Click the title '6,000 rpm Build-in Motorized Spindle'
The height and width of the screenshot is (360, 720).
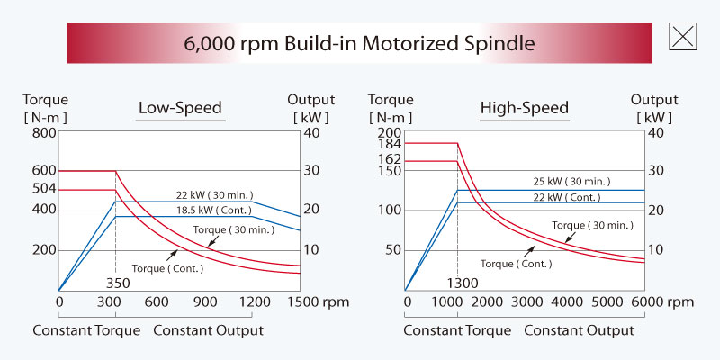click(x=359, y=42)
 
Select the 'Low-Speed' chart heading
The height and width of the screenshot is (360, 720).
click(x=180, y=110)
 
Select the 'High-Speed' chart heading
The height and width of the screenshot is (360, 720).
click(x=524, y=110)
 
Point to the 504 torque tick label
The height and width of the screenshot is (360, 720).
click(x=44, y=189)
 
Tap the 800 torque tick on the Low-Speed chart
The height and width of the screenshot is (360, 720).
click(x=44, y=132)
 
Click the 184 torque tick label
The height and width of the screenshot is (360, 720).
click(x=390, y=143)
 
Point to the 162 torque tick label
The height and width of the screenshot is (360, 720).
click(x=390, y=160)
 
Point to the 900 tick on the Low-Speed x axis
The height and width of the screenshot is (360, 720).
click(x=205, y=303)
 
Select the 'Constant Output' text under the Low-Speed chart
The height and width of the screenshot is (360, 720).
click(x=208, y=330)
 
